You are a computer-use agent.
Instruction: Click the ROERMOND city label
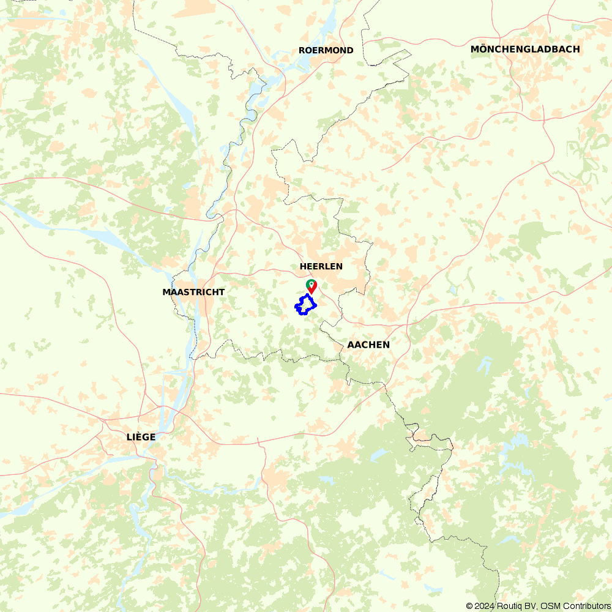[326, 50]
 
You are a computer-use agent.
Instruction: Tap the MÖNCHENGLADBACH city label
[525, 49]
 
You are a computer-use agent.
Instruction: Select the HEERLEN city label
[321, 266]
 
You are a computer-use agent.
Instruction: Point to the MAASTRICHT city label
[193, 292]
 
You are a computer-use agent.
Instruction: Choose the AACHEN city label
[368, 345]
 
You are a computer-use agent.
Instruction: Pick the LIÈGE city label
[141, 437]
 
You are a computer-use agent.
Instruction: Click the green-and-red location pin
[312, 286]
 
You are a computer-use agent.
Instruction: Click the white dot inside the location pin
[312, 285]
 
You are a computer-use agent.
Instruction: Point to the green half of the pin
[309, 283]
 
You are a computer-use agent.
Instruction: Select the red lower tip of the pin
[312, 292]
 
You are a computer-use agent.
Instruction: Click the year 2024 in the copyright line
[484, 606]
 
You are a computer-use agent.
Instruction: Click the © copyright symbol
[469, 606]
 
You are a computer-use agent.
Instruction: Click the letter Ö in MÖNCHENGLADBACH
[483, 49]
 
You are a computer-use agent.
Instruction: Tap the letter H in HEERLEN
[302, 266]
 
